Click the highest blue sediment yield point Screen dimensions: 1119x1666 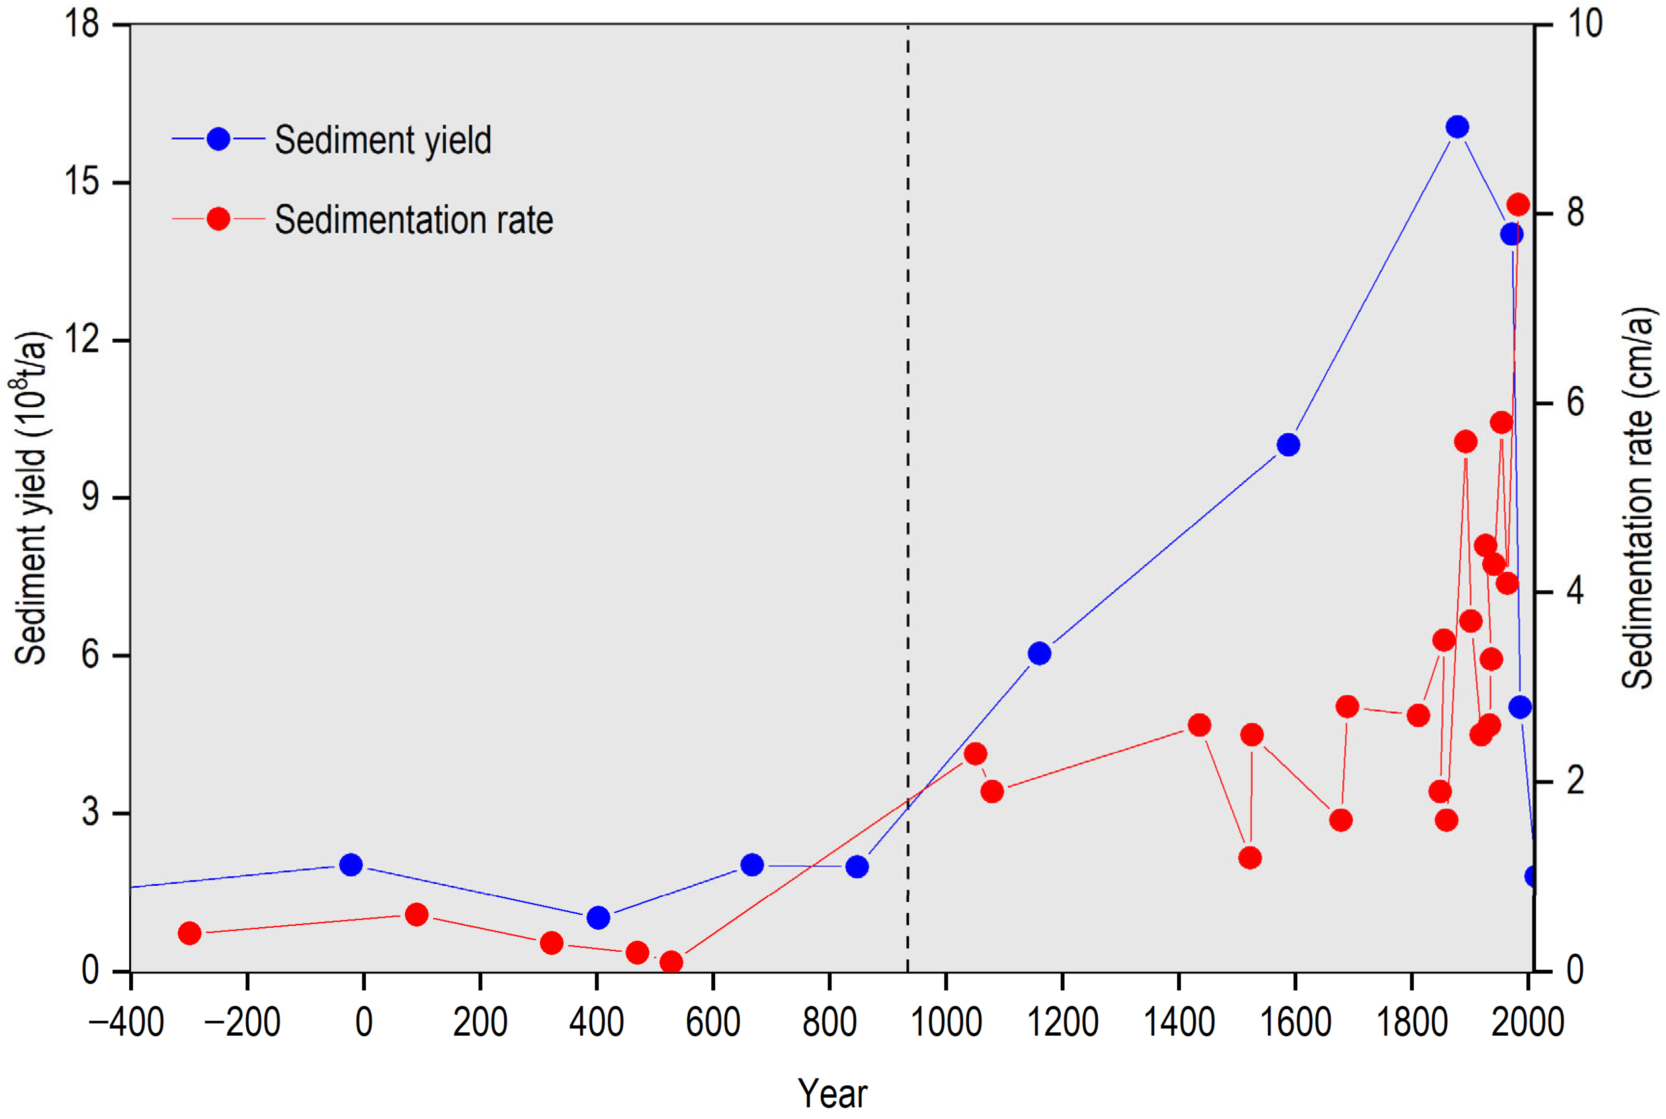1457,127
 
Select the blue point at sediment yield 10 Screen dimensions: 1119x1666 1288,445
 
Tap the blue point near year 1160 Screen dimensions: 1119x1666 1040,653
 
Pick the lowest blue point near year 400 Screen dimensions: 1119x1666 598,918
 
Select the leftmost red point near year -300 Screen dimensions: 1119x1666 189,932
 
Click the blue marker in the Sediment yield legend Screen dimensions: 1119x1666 218,139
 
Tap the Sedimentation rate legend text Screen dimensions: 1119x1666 414,220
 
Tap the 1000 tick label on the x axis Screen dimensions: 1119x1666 946,1022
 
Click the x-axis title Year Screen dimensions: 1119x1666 832,1092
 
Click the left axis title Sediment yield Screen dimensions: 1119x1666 30,498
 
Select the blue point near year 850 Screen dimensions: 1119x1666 857,867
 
